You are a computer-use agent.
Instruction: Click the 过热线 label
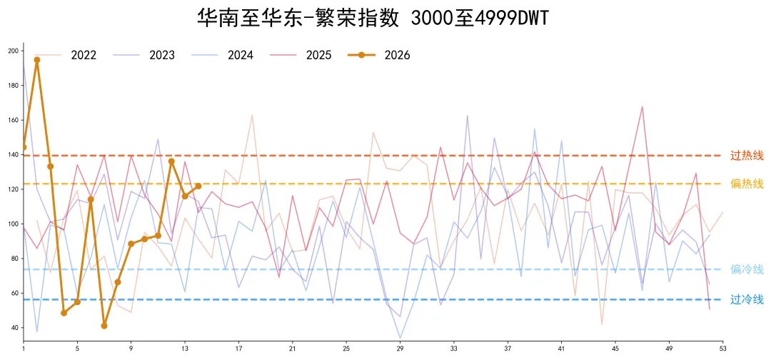click(x=747, y=155)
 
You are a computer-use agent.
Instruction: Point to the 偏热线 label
click(x=747, y=184)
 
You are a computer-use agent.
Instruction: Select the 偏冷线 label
click(x=747, y=269)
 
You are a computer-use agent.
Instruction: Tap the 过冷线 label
click(x=747, y=300)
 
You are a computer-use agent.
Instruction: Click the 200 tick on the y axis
click(x=14, y=51)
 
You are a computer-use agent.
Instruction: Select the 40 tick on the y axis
click(x=15, y=328)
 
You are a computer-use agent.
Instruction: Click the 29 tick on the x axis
click(x=400, y=349)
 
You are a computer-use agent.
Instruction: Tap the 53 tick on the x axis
click(x=722, y=349)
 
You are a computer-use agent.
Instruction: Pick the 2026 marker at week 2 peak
click(x=37, y=60)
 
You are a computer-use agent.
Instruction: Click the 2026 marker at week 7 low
click(x=104, y=326)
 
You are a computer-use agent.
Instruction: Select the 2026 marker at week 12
click(x=171, y=161)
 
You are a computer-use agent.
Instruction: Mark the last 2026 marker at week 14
click(x=198, y=186)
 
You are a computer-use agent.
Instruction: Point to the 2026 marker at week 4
click(x=64, y=313)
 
